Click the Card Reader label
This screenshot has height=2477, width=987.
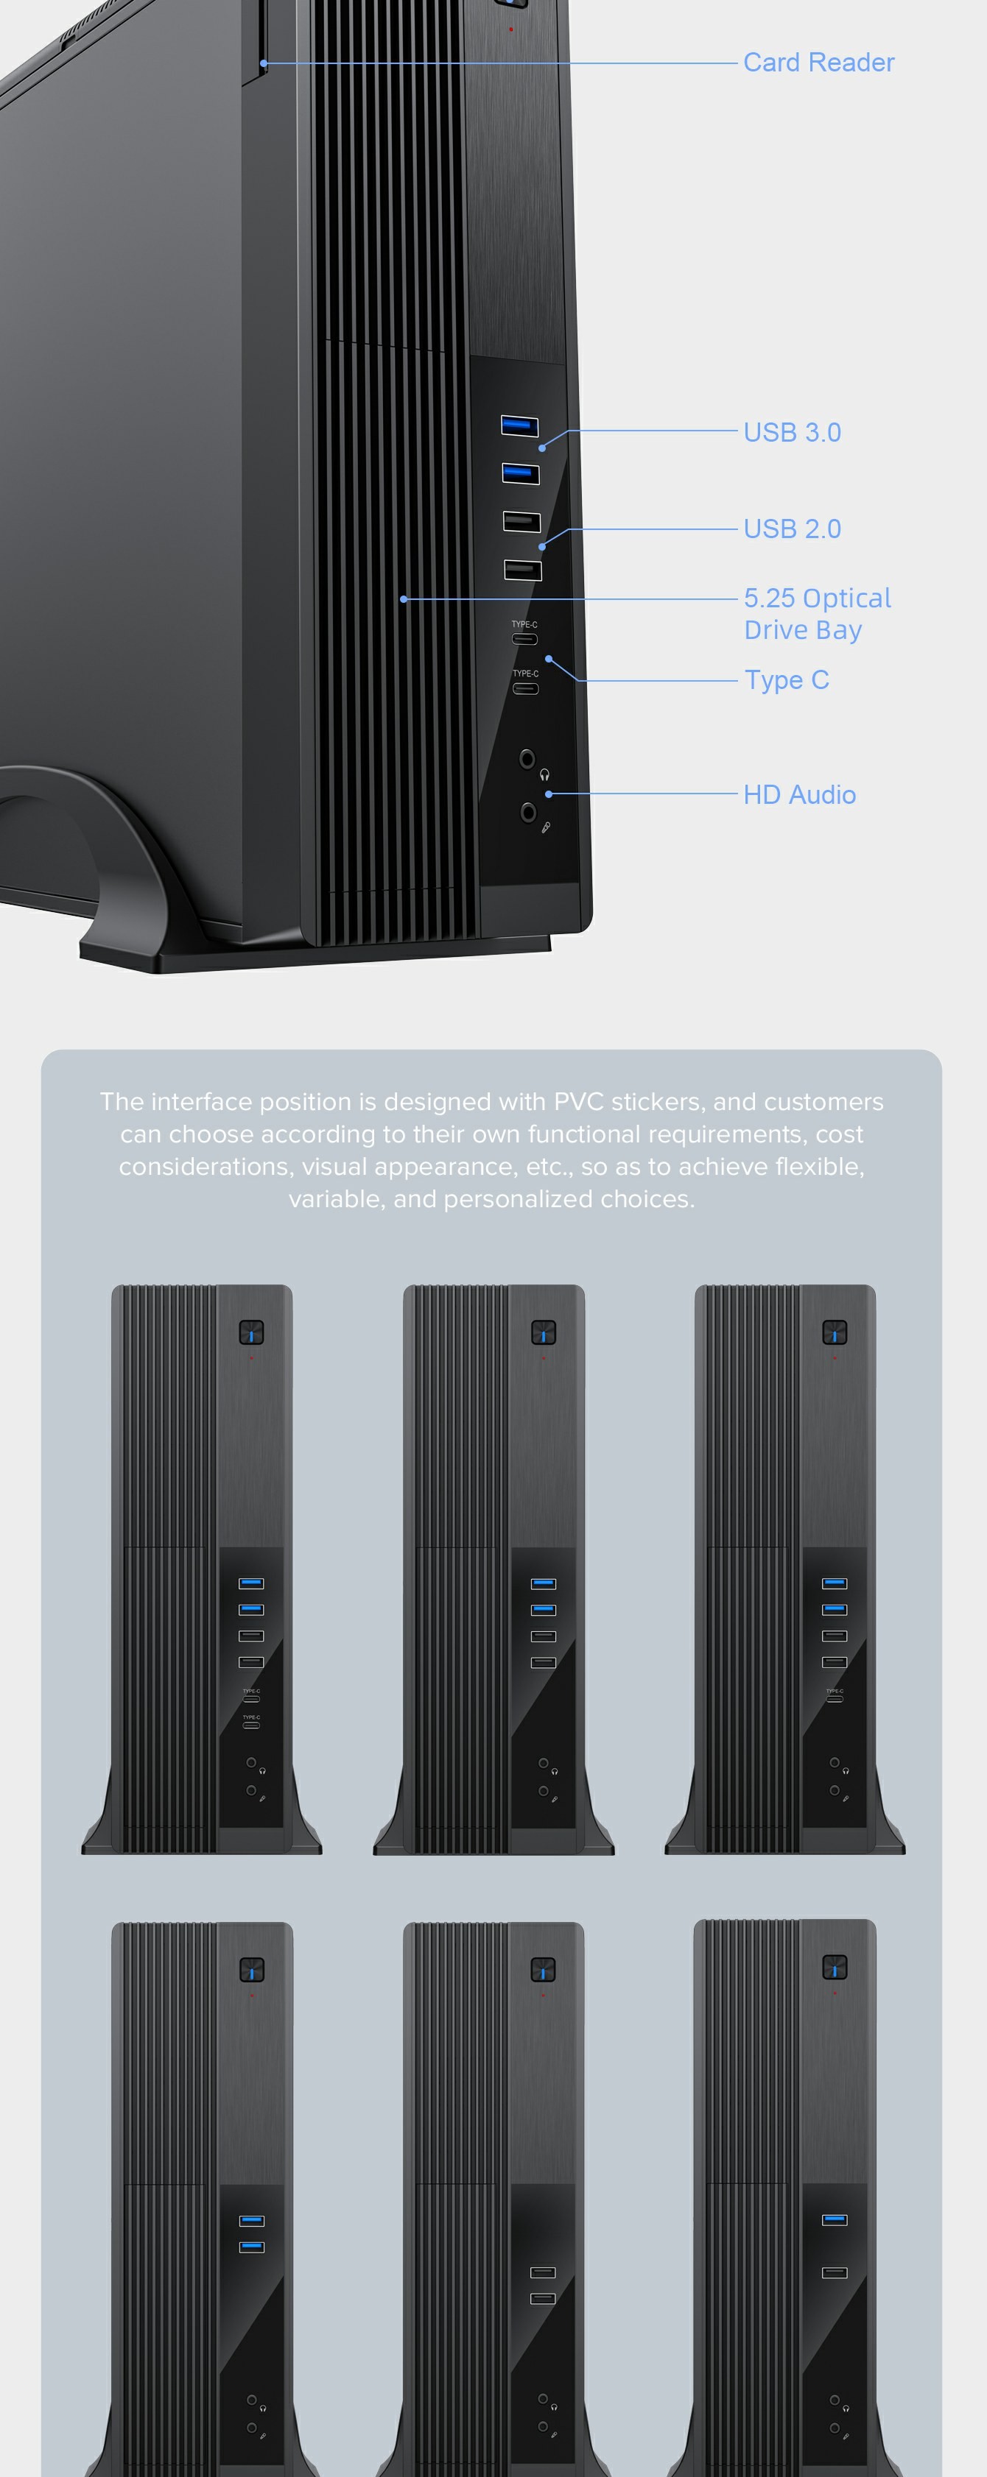tap(818, 63)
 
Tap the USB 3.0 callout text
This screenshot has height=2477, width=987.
tap(793, 433)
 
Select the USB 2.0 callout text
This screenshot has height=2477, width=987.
tap(793, 529)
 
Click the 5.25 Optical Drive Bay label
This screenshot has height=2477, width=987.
tap(818, 613)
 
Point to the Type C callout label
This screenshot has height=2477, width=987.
tap(787, 681)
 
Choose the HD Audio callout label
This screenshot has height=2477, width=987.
tap(799, 794)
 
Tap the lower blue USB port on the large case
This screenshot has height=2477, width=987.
tap(521, 473)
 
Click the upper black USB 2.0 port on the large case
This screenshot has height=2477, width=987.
tap(521, 522)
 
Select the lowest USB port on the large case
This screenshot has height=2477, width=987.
tap(522, 570)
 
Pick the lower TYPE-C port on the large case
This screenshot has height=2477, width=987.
tap(525, 688)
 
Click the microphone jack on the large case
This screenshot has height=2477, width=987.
tap(528, 813)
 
